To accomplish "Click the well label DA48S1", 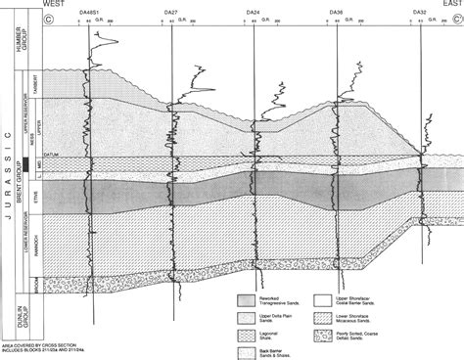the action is [x=89, y=12].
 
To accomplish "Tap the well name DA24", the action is [x=254, y=12].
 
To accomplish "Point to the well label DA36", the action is [x=336, y=12].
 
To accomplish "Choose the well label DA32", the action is [x=420, y=12].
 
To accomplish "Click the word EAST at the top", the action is [x=449, y=4].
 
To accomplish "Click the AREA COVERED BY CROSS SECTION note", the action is [x=29, y=346].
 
